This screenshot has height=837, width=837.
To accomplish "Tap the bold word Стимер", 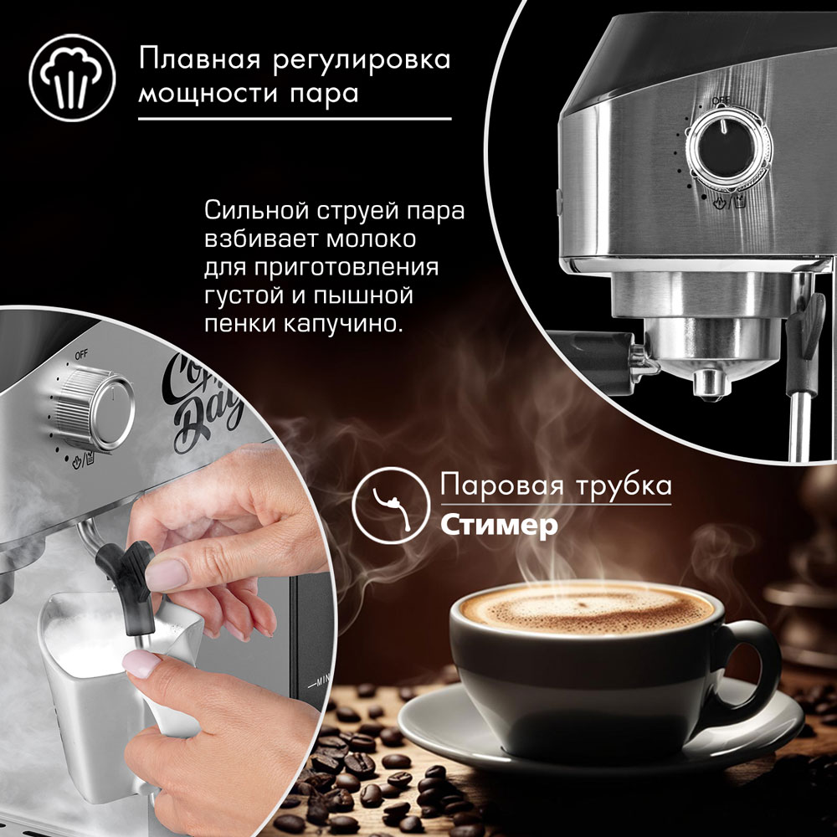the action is click(499, 526).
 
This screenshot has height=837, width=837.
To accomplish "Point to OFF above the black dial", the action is click(721, 100).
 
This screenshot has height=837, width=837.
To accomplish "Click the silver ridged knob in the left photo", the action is click(95, 408).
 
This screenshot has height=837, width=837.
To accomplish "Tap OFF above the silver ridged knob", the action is click(81, 355).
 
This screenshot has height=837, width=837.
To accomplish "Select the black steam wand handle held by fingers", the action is click(128, 582).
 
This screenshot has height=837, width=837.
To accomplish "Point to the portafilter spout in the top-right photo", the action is click(710, 384).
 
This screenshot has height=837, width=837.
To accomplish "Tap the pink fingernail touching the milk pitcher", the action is click(141, 664).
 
